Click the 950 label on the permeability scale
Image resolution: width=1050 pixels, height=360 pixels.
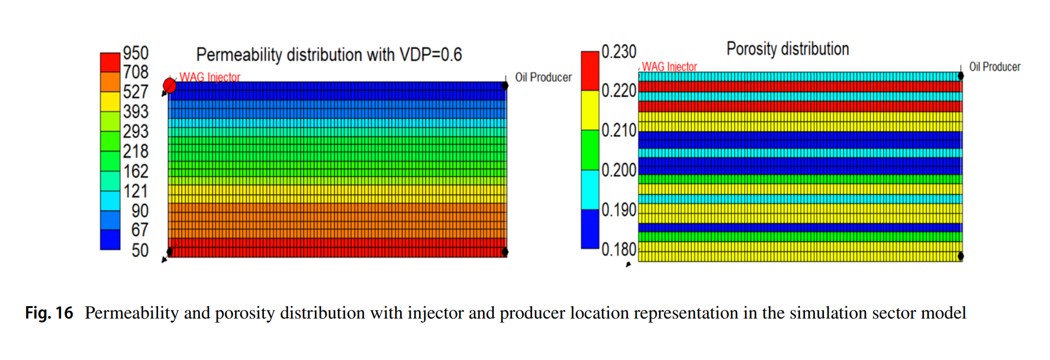click(x=136, y=53)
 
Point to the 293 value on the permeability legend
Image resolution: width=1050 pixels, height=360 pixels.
click(x=136, y=131)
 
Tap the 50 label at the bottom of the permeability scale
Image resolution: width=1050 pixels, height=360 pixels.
click(x=140, y=250)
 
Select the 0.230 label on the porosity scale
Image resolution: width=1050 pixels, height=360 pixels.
click(x=619, y=52)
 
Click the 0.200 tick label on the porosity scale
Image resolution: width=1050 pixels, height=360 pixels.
click(x=619, y=171)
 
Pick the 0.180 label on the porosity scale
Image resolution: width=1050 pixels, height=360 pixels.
click(x=619, y=250)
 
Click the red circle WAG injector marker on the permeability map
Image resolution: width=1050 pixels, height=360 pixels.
click(x=170, y=86)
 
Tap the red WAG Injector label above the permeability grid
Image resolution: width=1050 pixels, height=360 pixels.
click(x=210, y=77)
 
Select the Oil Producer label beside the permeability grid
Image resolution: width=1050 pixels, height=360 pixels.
click(x=543, y=78)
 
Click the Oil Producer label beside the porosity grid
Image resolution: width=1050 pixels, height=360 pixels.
click(x=994, y=67)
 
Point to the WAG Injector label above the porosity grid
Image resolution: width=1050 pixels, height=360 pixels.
click(x=669, y=67)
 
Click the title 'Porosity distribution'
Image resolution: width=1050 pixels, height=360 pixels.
click(x=787, y=49)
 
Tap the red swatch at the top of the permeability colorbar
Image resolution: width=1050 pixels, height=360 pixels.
click(x=110, y=62)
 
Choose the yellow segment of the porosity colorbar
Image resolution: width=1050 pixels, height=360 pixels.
click(x=590, y=110)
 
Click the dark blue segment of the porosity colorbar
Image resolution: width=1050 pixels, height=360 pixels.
click(x=590, y=229)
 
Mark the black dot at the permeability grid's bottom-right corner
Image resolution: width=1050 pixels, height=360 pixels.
click(x=505, y=252)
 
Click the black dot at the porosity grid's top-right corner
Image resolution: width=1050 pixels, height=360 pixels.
click(x=961, y=76)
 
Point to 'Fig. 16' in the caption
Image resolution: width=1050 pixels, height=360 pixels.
click(x=49, y=313)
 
